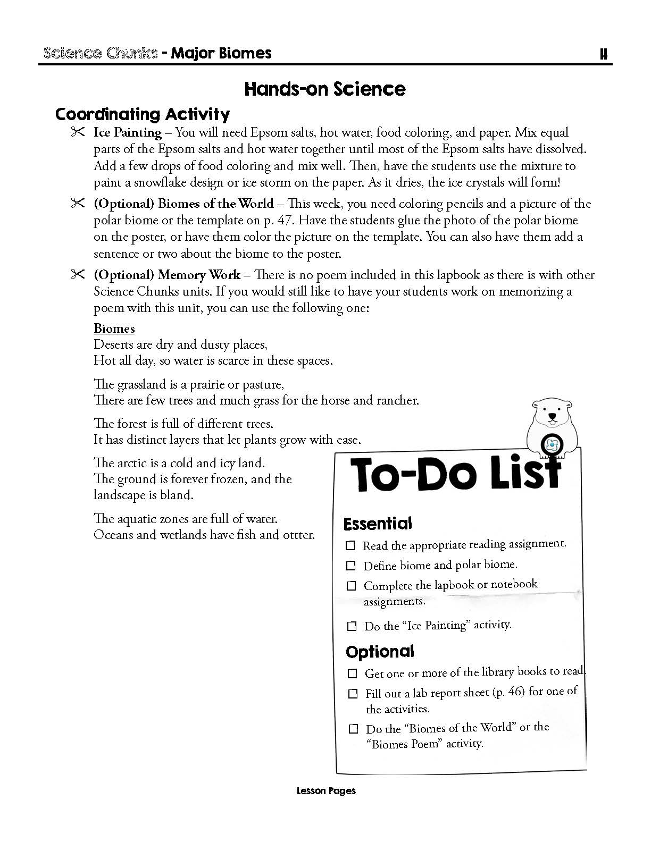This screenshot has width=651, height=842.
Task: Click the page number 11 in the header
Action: point(603,54)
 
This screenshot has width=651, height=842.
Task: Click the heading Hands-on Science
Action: point(325,89)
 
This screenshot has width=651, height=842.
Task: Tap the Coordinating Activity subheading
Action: point(143,114)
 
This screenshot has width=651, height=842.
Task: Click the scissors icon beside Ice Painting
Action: point(78,132)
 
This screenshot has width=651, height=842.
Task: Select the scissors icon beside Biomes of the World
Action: point(78,203)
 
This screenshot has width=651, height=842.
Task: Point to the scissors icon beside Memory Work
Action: point(78,274)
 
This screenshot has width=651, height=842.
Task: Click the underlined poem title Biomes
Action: point(114,329)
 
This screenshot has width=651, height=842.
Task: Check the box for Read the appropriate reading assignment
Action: point(350,545)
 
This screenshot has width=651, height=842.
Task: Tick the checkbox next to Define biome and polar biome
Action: point(351,566)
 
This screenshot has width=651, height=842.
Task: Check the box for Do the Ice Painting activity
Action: point(352,626)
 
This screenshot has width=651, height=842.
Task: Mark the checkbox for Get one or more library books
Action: point(352,673)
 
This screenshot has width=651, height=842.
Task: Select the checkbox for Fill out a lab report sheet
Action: point(353,694)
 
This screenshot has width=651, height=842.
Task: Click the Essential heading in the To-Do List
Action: point(378,524)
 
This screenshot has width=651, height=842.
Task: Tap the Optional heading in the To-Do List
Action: point(380,652)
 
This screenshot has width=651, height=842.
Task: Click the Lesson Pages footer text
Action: point(326,791)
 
